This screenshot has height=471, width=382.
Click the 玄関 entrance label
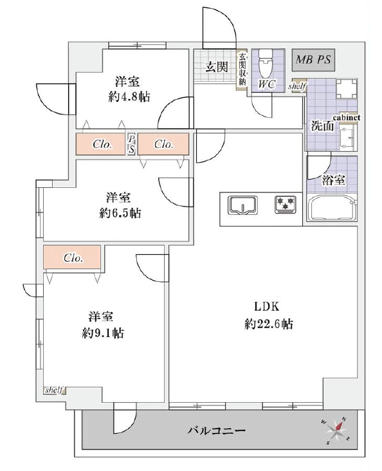coord(216,66)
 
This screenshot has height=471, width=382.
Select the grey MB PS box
coord(314,60)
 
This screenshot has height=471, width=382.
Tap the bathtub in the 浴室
coord(332,208)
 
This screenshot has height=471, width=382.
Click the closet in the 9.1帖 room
coord(72,258)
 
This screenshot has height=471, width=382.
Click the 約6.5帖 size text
coord(120,213)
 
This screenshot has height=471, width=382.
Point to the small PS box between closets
coord(131,143)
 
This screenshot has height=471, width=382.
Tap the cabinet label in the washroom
coord(345,118)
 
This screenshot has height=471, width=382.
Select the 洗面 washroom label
coord(322,126)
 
